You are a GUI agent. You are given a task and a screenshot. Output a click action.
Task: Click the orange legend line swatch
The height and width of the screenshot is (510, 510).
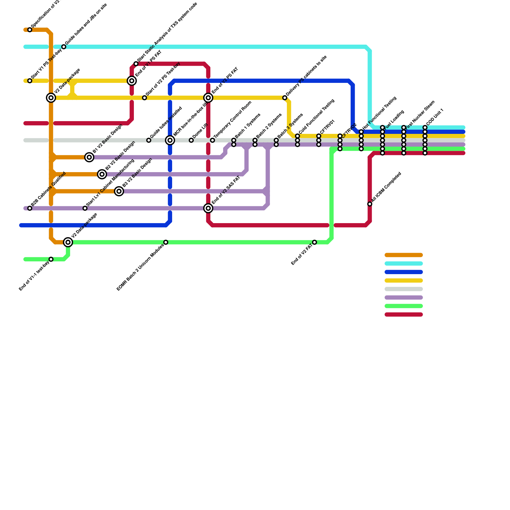coord(404,255)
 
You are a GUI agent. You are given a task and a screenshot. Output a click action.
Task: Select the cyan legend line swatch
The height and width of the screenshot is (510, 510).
coord(404,264)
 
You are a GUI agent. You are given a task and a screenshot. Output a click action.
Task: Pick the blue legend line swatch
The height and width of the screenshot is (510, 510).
coord(404,272)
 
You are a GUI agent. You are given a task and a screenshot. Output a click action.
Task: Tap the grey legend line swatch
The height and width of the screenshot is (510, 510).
coord(404,289)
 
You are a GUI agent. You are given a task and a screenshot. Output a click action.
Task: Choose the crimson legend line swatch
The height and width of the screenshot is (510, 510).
coord(404,315)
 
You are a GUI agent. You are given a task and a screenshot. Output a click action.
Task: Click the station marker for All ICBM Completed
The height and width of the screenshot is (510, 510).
coord(370,204)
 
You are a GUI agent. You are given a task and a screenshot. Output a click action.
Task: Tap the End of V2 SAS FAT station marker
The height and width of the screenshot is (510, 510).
coord(208,208)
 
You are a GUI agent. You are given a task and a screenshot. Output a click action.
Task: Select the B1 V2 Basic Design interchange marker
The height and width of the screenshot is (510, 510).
coord(90,157)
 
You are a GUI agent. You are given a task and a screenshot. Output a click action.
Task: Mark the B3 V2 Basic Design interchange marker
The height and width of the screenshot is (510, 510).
coord(119,191)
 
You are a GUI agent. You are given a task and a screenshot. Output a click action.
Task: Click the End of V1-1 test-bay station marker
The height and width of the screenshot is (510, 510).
coord(51,259)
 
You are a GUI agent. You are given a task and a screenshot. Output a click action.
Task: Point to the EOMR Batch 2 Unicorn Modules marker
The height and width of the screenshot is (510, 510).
coord(166,242)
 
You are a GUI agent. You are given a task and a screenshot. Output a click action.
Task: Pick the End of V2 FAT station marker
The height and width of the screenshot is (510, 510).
coord(315,242)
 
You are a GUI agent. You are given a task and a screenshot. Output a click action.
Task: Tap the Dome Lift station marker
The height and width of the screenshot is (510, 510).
coord(191,140)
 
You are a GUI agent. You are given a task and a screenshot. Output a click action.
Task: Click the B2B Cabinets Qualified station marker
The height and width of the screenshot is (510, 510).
coord(30,208)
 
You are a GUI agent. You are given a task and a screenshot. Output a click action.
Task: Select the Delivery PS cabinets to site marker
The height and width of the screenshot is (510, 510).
coord(285,98)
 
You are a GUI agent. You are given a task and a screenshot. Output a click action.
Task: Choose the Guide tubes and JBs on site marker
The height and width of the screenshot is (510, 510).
coord(64,47)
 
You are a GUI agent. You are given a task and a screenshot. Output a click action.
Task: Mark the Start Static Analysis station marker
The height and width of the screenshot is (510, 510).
coord(136,64)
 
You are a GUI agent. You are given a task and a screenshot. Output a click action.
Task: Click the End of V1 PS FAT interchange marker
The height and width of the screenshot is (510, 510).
coord(132,81)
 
